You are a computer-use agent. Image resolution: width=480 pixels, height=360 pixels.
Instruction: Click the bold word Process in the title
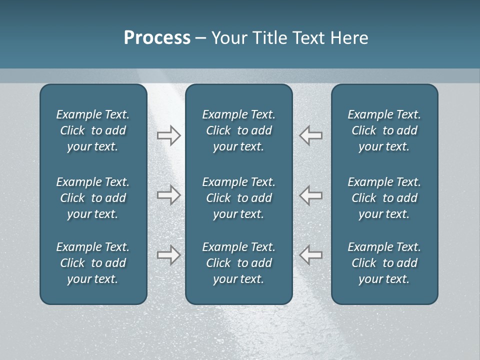[157, 38]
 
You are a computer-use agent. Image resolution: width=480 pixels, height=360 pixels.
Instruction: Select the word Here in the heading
[348, 38]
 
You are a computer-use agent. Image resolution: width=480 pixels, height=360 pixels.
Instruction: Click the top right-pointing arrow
[168, 135]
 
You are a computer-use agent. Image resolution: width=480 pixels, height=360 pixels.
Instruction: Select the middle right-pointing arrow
[168, 195]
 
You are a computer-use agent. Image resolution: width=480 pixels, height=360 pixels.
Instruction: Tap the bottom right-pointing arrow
[168, 255]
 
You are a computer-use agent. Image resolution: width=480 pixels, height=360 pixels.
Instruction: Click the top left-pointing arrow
[311, 135]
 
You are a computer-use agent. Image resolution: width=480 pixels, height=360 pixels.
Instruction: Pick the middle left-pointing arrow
[311, 195]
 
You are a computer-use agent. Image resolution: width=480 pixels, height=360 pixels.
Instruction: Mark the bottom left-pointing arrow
[311, 255]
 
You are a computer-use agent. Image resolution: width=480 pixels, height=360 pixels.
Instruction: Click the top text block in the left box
[93, 130]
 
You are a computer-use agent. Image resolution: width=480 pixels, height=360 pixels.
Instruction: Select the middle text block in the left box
[93, 198]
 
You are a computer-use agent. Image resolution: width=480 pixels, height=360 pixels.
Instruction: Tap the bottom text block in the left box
[93, 263]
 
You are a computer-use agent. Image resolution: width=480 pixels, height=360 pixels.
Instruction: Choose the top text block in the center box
[238, 130]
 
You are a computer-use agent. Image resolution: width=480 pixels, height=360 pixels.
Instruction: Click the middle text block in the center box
[238, 198]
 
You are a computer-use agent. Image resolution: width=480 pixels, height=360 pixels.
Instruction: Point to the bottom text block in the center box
[238, 263]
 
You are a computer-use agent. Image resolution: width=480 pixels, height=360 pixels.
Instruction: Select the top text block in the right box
[384, 130]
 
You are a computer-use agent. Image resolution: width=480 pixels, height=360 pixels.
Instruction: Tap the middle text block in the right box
[384, 198]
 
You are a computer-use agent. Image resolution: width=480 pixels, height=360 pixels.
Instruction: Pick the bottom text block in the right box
[384, 263]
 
